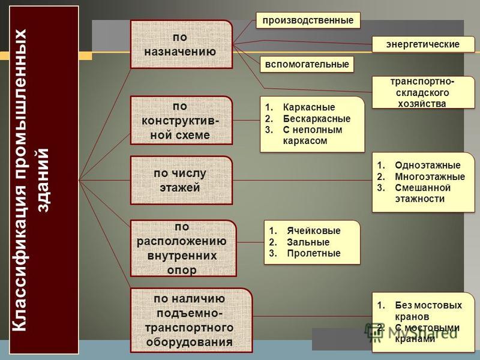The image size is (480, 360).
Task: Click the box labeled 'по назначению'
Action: tap(181, 44)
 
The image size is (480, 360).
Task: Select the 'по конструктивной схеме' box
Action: tap(181, 121)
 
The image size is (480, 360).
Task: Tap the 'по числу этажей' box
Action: tap(181, 181)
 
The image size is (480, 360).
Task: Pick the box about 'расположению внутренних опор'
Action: tap(184, 248)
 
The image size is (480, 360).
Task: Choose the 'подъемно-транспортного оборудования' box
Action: tap(191, 320)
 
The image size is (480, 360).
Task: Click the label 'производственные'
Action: tap(308, 20)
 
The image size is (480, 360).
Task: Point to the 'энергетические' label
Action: tap(423, 44)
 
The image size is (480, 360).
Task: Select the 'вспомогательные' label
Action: tap(307, 64)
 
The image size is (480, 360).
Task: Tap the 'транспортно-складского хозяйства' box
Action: tap(423, 92)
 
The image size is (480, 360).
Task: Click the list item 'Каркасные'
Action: tap(309, 107)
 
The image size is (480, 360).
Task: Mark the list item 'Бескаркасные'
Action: tap(317, 118)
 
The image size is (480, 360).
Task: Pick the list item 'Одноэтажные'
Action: tap(428, 166)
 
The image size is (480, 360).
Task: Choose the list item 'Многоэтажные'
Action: tap(430, 176)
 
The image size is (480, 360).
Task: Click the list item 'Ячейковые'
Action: tap(313, 230)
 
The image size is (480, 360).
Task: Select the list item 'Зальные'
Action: tap(308, 242)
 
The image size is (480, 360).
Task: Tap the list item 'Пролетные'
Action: tap(313, 253)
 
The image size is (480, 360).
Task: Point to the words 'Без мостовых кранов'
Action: tap(428, 311)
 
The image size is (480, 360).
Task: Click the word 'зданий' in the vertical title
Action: tap(43, 180)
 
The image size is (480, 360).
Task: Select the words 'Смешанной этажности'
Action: tap(422, 193)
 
